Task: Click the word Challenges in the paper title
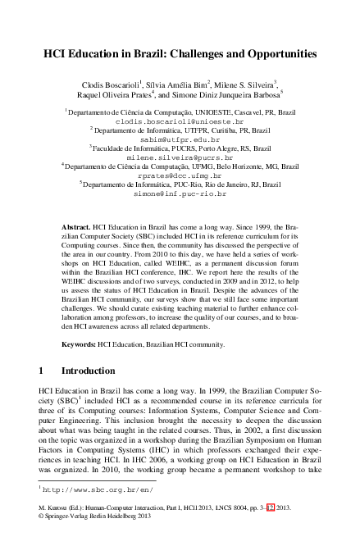click(188, 54)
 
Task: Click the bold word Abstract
click(77, 224)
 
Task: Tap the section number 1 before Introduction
click(42, 371)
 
